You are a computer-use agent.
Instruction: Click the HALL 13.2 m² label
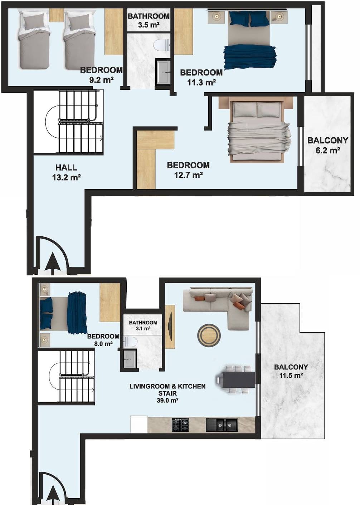(67, 172)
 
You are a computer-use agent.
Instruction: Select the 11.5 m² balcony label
(291, 371)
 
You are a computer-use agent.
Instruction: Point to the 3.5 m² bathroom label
(149, 20)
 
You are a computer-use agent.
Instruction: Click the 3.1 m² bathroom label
(143, 325)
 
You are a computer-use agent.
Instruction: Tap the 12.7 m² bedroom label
(188, 170)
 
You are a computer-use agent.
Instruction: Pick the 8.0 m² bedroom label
(103, 340)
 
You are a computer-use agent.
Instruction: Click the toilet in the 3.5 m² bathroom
(161, 45)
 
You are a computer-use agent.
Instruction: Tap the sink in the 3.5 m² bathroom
(163, 72)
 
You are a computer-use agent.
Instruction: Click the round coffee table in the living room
(209, 335)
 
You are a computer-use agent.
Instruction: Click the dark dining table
(235, 379)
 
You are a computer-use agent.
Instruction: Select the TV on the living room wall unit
(170, 326)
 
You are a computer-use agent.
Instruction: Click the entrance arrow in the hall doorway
(53, 264)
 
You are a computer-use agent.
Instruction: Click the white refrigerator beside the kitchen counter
(139, 424)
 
